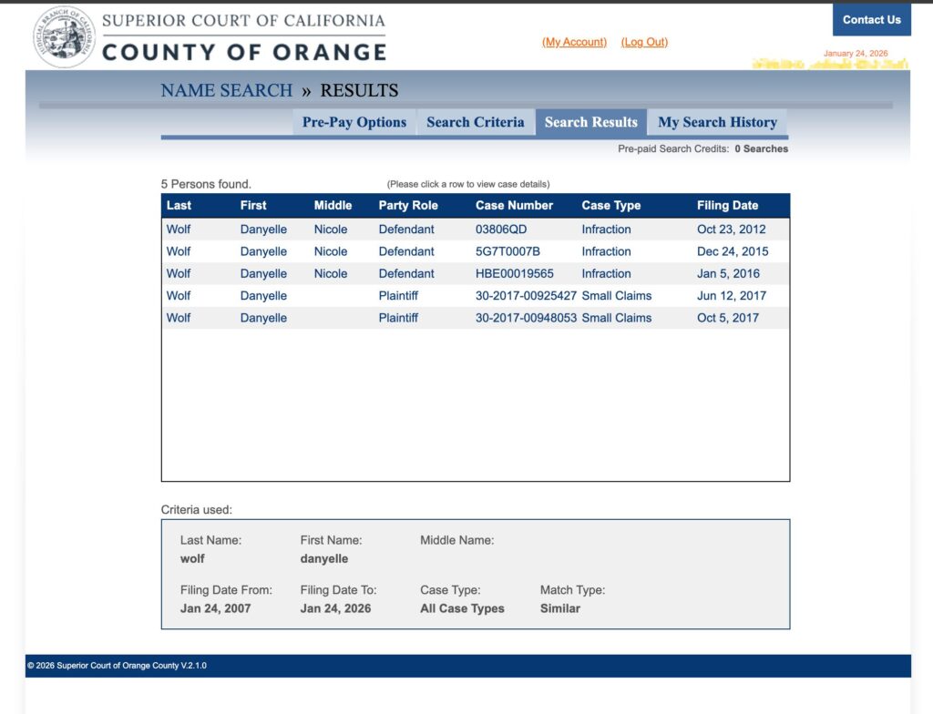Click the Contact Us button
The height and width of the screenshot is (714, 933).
click(871, 20)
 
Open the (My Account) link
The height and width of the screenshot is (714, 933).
click(574, 42)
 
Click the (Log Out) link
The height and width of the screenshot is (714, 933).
click(644, 42)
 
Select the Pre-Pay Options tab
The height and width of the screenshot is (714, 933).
click(354, 122)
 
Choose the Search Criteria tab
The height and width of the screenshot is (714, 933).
click(475, 122)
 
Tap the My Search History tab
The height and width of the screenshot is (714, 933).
click(717, 122)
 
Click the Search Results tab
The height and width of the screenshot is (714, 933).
click(591, 122)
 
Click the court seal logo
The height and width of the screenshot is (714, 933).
click(64, 37)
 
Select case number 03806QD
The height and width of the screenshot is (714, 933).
click(501, 229)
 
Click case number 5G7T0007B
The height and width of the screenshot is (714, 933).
click(508, 251)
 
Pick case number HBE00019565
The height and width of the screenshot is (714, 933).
click(515, 273)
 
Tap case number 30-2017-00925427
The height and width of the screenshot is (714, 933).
click(526, 296)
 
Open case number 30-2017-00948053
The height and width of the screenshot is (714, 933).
click(526, 318)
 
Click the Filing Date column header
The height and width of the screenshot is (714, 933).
click(727, 206)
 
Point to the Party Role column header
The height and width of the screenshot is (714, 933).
click(408, 206)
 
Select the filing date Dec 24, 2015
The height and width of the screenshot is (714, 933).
click(733, 251)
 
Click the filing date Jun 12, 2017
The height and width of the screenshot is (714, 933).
click(732, 296)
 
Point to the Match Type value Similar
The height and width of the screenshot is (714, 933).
click(559, 608)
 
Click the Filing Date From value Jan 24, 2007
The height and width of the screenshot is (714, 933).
click(215, 608)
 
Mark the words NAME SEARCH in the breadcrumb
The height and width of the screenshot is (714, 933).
click(227, 91)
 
